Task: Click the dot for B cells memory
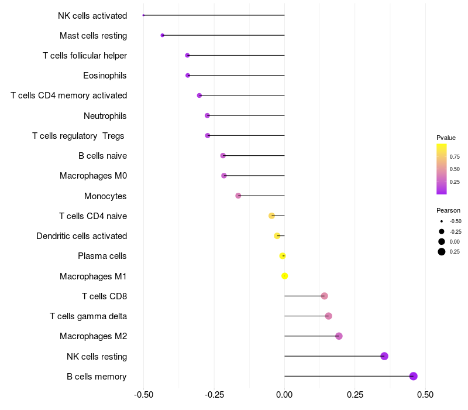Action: pos(414,376)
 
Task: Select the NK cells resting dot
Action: pos(384,356)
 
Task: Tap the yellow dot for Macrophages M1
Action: pos(285,276)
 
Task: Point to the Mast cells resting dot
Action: pos(163,36)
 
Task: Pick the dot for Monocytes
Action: pos(238,196)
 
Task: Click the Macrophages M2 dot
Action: pos(339,336)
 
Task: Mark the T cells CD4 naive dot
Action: pos(271,216)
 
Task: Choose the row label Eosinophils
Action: pos(105,76)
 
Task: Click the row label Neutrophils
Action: pos(105,116)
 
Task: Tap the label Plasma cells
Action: pos(102,256)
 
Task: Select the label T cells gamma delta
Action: pos(88,316)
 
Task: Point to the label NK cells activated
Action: pos(92,16)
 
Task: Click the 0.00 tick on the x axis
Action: pos(285,395)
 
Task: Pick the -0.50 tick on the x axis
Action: pos(143,395)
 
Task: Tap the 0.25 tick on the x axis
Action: pos(355,395)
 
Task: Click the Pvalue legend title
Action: pos(446,138)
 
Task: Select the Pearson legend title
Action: pos(448,210)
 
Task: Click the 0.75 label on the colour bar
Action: pos(455,156)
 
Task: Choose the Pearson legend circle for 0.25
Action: pos(442,252)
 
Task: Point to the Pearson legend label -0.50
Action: pos(455,221)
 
